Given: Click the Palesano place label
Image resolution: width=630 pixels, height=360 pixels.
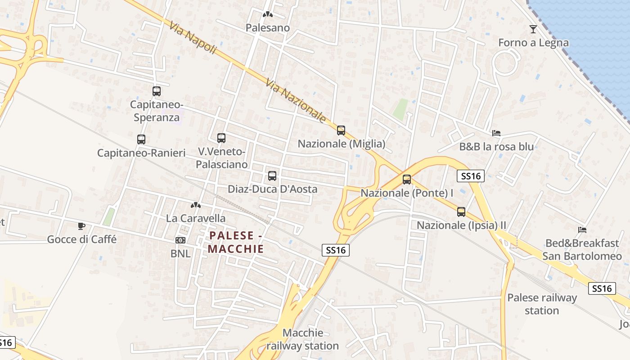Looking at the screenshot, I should (268, 28).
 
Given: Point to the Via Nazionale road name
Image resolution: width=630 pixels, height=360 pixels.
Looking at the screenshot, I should (295, 101).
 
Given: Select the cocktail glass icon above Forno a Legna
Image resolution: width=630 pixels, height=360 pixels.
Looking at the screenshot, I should (533, 29).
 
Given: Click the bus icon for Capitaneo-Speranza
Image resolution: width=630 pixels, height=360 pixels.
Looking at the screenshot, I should (157, 91).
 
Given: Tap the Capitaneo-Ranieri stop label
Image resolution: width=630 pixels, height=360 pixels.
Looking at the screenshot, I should (141, 153).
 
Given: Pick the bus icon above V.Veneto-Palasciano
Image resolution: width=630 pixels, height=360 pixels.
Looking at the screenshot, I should (221, 138).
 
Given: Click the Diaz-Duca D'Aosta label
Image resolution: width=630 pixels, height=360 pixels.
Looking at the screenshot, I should (272, 189).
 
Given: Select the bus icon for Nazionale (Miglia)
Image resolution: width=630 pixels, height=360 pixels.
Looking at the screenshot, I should (341, 130).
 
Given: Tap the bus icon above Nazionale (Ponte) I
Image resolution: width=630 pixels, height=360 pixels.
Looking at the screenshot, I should (407, 180).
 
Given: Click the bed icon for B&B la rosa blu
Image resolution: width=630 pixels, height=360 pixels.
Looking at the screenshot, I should (496, 133).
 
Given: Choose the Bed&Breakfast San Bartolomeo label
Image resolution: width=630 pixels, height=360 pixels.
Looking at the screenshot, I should (582, 250).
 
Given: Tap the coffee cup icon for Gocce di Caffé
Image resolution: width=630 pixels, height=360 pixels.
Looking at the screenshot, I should (81, 226).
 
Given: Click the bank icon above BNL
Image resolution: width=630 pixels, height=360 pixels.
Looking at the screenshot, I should (180, 240).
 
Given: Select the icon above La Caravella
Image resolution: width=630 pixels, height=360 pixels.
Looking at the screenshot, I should (196, 205).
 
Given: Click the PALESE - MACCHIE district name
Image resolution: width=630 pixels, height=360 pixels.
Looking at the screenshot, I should (236, 242).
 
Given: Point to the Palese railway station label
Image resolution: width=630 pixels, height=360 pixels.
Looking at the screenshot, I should (542, 304).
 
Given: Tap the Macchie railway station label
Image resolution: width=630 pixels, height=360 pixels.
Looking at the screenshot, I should (303, 339).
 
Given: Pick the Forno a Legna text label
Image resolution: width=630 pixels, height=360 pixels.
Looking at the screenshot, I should (533, 43).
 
